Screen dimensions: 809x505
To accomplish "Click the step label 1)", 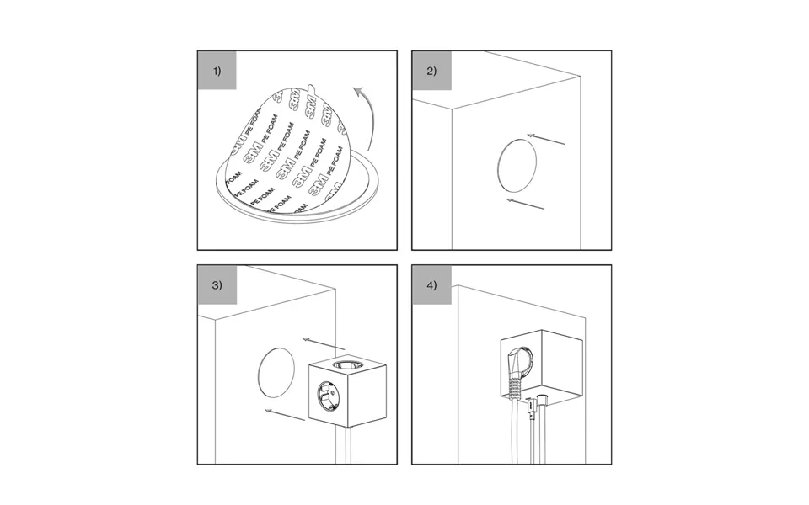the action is tap(217, 71).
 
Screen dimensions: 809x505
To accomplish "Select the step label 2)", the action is tap(431, 71).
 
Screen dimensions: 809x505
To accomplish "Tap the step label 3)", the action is tap(217, 285).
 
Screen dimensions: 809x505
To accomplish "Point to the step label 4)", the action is tap(431, 285).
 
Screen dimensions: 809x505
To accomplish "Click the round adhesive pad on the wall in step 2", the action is tap(517, 165).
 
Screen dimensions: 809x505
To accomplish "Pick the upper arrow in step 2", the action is tap(546, 139).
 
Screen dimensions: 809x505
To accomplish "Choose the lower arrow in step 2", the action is tap(525, 204).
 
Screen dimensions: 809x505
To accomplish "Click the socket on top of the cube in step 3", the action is tap(346, 365).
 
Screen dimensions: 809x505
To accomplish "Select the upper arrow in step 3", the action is tap(324, 343).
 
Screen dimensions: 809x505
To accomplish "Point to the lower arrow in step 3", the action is tap(285, 415).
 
